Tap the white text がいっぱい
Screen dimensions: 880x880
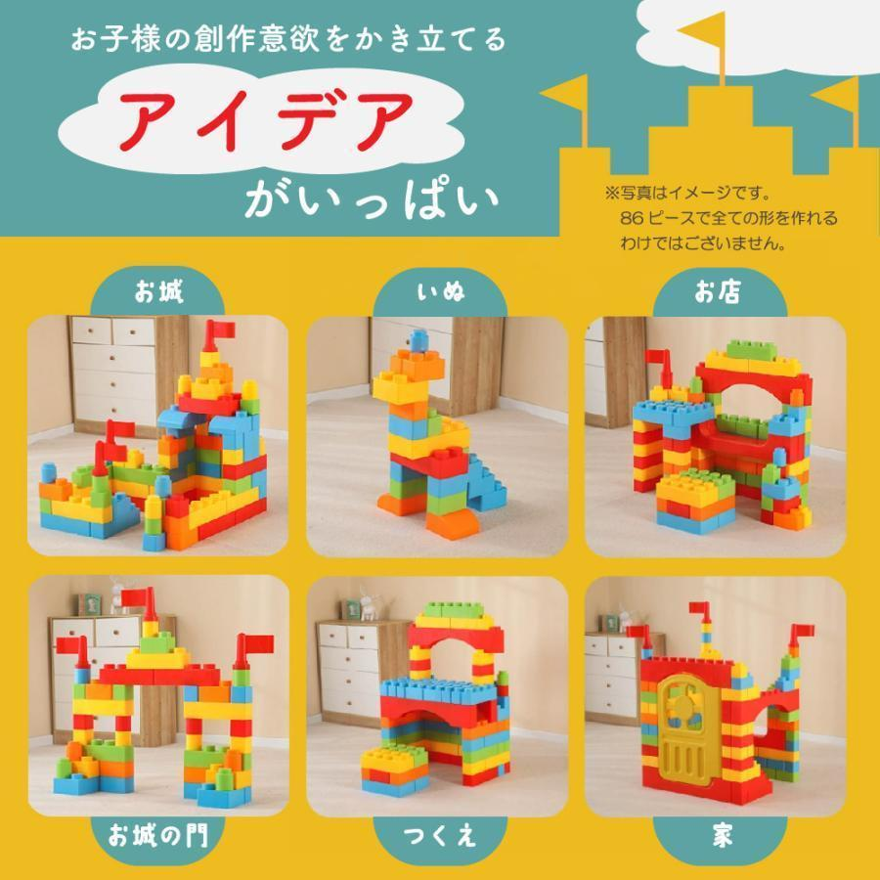click(x=372, y=199)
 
